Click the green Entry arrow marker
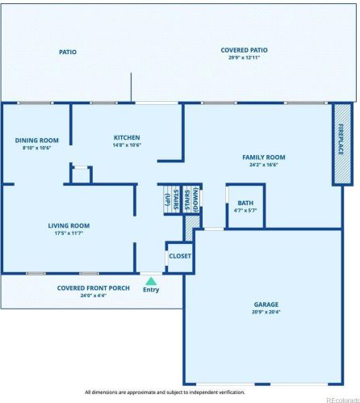pyautogui.click(x=150, y=280)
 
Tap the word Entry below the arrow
pyautogui.click(x=150, y=289)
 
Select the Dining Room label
pyautogui.click(x=36, y=141)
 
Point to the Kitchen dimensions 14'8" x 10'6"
pyautogui.click(x=127, y=146)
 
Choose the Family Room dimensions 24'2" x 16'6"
pyautogui.click(x=264, y=165)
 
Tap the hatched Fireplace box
pyautogui.click(x=342, y=144)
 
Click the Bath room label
pyautogui.click(x=245, y=203)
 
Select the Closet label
pyautogui.click(x=180, y=256)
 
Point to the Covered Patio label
pyautogui.click(x=244, y=50)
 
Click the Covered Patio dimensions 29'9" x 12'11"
pyautogui.click(x=244, y=58)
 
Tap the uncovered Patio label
pyautogui.click(x=68, y=52)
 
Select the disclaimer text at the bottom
pyautogui.click(x=165, y=392)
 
